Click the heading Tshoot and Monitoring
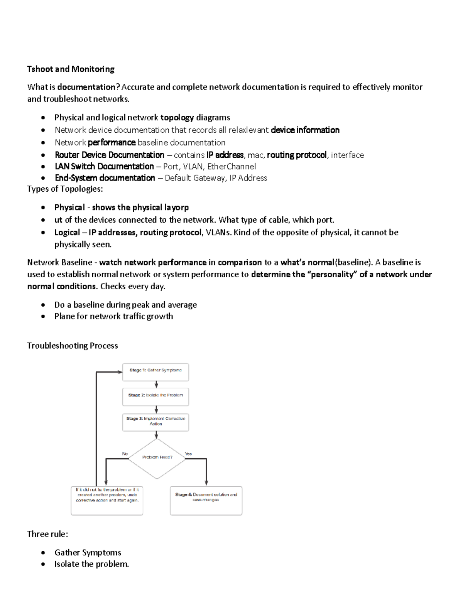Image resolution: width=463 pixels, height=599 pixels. (x=71, y=69)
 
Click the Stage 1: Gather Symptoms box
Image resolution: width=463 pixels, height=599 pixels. (x=155, y=372)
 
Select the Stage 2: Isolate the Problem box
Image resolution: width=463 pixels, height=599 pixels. (x=155, y=397)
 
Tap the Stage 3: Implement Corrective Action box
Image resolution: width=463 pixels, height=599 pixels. (x=155, y=422)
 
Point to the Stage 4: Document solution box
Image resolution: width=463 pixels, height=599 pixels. (x=206, y=500)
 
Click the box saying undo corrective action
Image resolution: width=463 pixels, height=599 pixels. (x=107, y=500)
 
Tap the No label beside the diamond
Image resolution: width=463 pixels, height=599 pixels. (x=125, y=454)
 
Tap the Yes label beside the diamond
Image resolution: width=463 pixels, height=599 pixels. (x=188, y=454)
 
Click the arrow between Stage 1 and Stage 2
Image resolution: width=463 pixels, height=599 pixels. (x=156, y=385)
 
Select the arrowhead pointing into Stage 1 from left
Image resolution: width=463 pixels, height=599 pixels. (x=119, y=372)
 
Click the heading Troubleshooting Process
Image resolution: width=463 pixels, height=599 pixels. (x=72, y=346)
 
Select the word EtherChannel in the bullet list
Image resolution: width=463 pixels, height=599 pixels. (x=231, y=167)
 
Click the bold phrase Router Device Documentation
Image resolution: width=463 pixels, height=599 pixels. (x=110, y=155)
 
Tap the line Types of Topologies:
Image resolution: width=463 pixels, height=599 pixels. (x=65, y=189)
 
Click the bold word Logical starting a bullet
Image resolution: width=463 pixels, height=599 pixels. (x=67, y=233)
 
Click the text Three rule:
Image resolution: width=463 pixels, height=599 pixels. (x=47, y=534)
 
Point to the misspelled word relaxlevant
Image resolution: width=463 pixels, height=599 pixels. (x=248, y=130)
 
